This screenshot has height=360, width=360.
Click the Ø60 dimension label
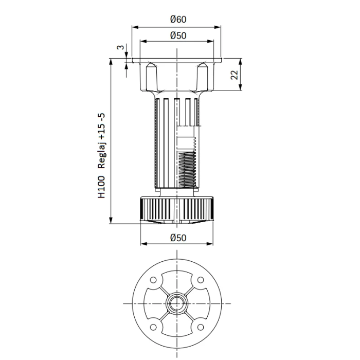(177, 20)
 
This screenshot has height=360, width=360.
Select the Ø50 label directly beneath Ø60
(177, 35)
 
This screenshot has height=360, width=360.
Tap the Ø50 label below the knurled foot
(177, 238)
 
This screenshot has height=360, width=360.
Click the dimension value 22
(234, 75)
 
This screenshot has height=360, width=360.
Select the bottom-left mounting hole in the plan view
(153, 328)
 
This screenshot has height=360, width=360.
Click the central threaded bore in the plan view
(177, 303)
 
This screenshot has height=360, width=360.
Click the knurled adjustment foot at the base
(177, 209)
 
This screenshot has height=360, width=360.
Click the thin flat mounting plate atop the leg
(177, 61)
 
